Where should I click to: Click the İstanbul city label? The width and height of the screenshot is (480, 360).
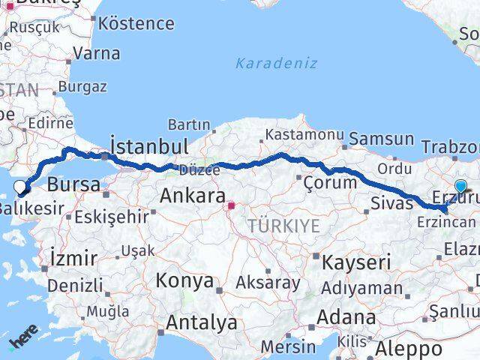pos(148,145)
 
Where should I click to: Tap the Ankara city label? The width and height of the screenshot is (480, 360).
pos(192,196)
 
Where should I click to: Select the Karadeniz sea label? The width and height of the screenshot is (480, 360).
pos(276,63)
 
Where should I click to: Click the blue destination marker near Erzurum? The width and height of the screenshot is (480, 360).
pos(460,187)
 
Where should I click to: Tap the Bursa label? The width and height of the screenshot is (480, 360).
pos(73,184)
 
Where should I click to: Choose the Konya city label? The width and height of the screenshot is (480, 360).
pos(184,280)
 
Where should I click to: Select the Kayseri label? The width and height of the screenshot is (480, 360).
pos(356,262)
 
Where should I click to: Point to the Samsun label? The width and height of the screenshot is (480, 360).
pos(381,139)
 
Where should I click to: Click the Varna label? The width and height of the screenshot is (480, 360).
pos(97,53)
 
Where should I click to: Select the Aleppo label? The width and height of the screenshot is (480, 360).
pos(409,349)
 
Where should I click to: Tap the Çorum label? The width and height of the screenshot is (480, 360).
pos(331,182)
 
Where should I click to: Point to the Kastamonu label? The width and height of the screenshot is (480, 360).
pos(303,135)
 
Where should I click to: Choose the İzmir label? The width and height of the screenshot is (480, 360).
pos(72,259)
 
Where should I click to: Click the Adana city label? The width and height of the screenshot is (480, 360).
pos(346,316)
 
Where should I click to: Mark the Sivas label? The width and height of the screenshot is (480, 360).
pos(392,202)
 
